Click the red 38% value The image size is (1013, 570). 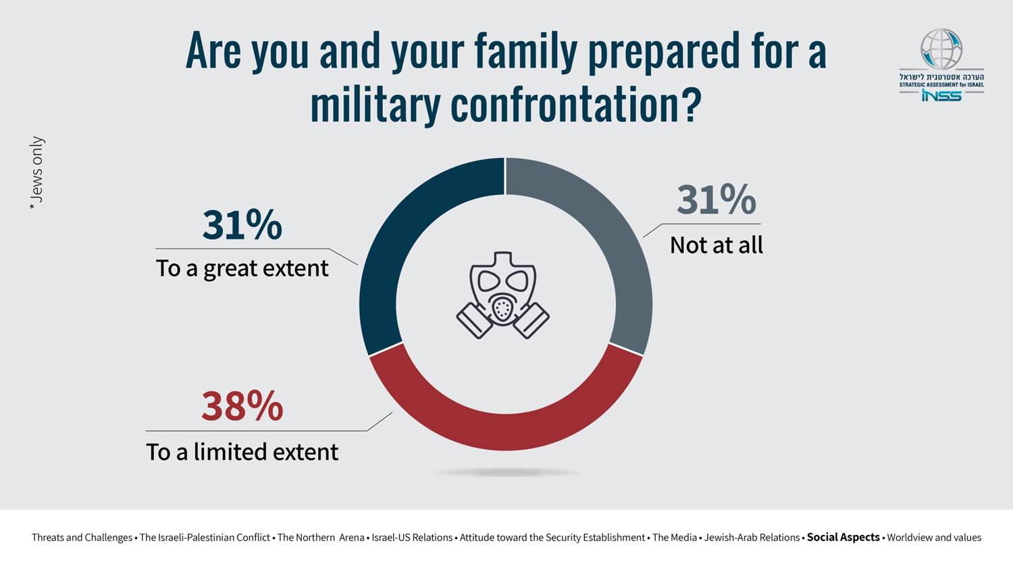pyautogui.click(x=242, y=406)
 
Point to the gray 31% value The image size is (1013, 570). pyautogui.click(x=717, y=200)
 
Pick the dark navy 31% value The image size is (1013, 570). pyautogui.click(x=242, y=225)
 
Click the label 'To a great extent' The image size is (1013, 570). pyautogui.click(x=242, y=269)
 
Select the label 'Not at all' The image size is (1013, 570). pyautogui.click(x=717, y=245)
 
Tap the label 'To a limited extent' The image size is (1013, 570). pyautogui.click(x=242, y=452)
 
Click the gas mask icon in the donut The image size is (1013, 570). pyautogui.click(x=503, y=295)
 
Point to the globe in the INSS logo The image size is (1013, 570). pyautogui.click(x=941, y=49)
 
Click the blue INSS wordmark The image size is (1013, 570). pyautogui.click(x=941, y=95)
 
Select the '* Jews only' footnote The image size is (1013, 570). pyautogui.click(x=36, y=174)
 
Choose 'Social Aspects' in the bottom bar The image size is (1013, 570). pyautogui.click(x=843, y=538)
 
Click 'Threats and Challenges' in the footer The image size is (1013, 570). pyautogui.click(x=82, y=538)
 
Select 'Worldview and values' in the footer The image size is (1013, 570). pyautogui.click(x=934, y=538)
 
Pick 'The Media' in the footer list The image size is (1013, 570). pyautogui.click(x=675, y=538)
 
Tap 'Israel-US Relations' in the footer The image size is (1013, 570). pyautogui.click(x=412, y=538)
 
